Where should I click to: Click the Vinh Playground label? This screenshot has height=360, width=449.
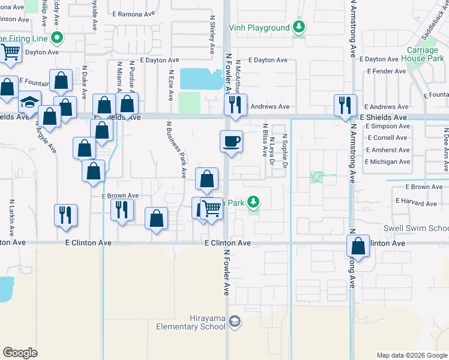pyautogui.click(x=259, y=28)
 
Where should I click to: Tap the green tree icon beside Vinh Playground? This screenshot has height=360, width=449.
pyautogui.click(x=298, y=27)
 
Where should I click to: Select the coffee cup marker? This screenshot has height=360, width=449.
pyautogui.click(x=231, y=142)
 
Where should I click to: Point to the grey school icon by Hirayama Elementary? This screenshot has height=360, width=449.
pyautogui.click(x=234, y=323)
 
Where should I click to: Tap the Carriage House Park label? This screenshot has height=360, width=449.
pyautogui.click(x=426, y=54)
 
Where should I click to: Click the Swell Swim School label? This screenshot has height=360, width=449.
pyautogui.click(x=417, y=229)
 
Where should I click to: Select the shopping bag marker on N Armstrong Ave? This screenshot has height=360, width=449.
pyautogui.click(x=358, y=246)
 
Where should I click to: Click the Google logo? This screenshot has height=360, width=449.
pyautogui.click(x=20, y=353)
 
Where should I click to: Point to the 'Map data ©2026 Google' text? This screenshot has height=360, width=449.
pyautogui.click(x=411, y=355)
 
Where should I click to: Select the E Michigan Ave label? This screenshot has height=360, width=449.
pyautogui.click(x=387, y=162)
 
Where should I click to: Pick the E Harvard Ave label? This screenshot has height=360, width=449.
pyautogui.click(x=416, y=203)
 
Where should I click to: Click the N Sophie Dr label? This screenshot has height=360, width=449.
pyautogui.click(x=285, y=150)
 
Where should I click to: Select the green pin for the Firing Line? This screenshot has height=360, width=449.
pyautogui.click(x=57, y=38)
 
